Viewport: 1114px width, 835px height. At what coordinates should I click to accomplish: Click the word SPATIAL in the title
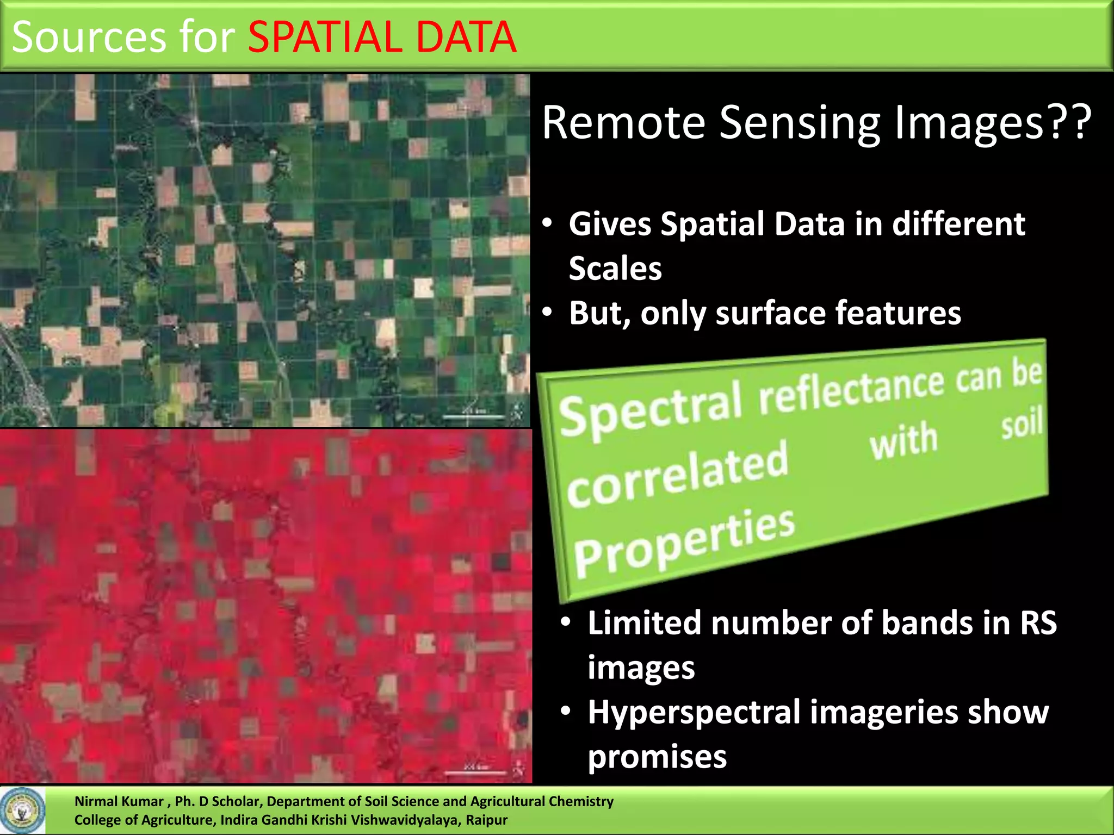pyautogui.click(x=323, y=37)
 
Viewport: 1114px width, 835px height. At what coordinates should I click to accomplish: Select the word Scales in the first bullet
pyautogui.click(x=615, y=269)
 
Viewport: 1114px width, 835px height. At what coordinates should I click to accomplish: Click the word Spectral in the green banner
pyautogui.click(x=651, y=410)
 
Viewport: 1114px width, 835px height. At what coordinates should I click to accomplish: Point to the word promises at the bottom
pyautogui.click(x=657, y=757)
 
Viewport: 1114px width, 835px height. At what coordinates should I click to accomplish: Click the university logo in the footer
pyautogui.click(x=23, y=811)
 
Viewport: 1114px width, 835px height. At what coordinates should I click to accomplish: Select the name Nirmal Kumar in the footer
pyautogui.click(x=119, y=801)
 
